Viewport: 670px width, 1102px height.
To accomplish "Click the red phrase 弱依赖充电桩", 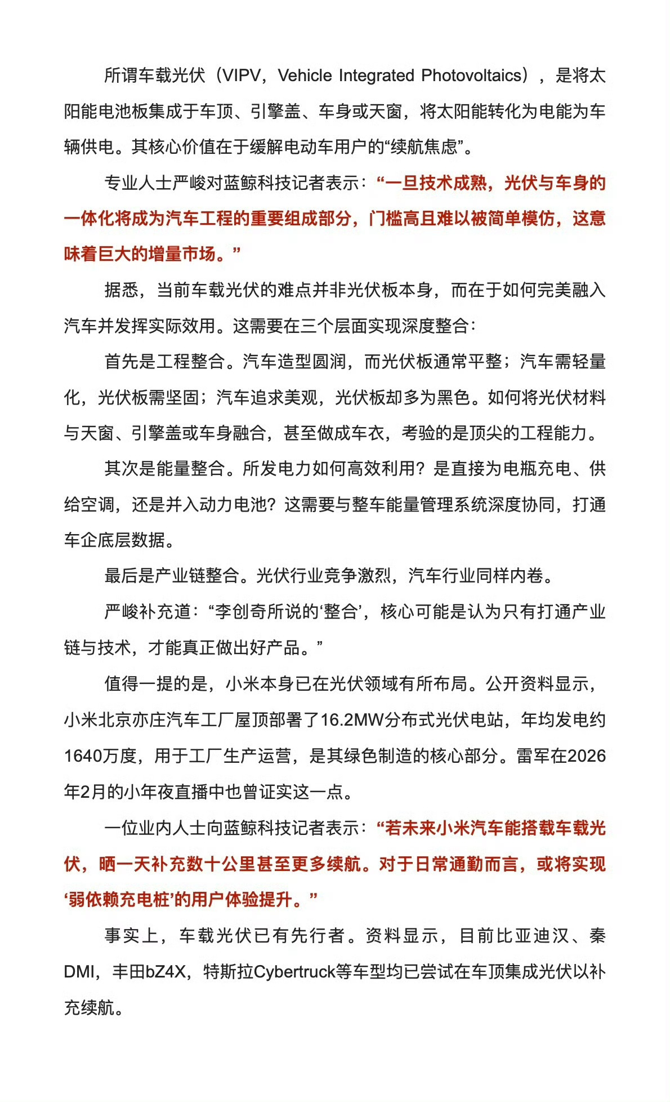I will click(119, 900).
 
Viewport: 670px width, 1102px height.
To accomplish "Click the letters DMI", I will click(79, 972).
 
